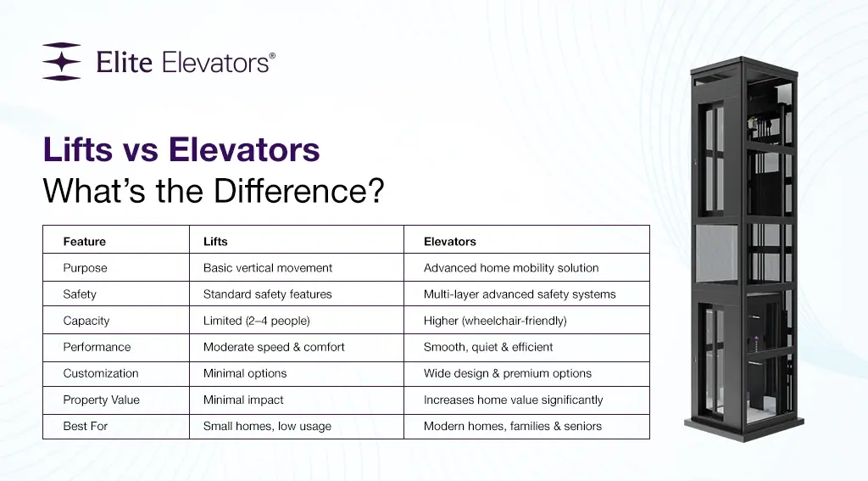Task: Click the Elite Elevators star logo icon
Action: (61, 62)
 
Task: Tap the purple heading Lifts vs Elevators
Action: (181, 150)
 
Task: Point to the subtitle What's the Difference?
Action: (213, 190)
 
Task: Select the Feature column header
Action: (85, 242)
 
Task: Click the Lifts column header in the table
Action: (215, 242)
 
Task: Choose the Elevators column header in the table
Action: (449, 242)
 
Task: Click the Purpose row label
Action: (85, 268)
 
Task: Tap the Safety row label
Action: (80, 294)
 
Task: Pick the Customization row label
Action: (100, 373)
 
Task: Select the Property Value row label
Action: (101, 400)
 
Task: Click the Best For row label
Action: (85, 426)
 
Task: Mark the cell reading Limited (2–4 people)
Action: (257, 321)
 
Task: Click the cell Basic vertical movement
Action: (267, 268)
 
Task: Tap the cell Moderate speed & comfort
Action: (274, 347)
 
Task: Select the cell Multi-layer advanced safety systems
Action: (520, 294)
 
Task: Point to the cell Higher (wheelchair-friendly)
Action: (495, 321)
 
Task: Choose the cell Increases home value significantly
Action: (513, 400)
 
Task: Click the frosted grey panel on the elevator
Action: (718, 254)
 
